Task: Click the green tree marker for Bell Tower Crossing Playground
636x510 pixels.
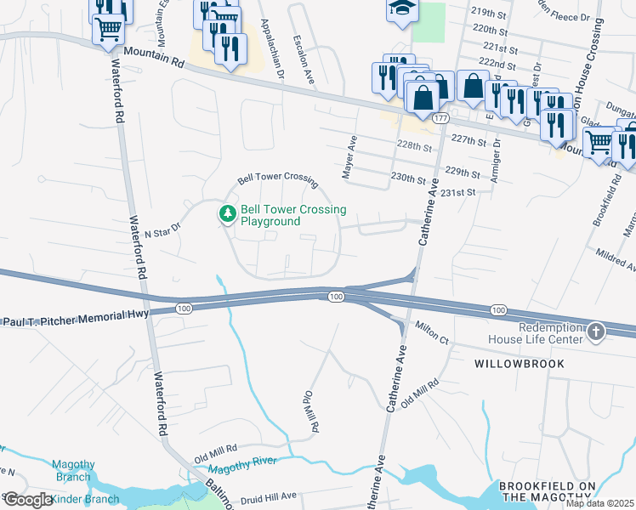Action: tap(227, 215)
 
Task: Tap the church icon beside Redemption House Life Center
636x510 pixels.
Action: tap(596, 332)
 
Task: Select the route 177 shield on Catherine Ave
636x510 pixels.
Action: tap(439, 119)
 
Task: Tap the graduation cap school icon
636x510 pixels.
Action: tap(400, 9)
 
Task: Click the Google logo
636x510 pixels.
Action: tap(27, 500)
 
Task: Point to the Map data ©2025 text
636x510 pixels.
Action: tap(599, 503)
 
